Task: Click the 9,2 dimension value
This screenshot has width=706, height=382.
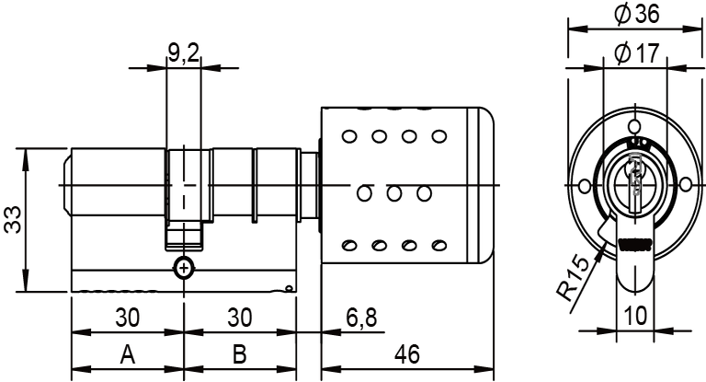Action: [x=184, y=54]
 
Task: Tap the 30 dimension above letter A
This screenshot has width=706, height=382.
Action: [x=127, y=318]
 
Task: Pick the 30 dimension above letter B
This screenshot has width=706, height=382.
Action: [x=239, y=318]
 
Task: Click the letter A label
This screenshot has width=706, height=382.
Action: [x=127, y=355]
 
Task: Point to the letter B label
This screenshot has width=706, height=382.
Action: [x=239, y=355]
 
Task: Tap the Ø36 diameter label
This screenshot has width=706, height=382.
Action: [x=635, y=15]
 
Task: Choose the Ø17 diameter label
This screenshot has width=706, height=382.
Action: [x=635, y=54]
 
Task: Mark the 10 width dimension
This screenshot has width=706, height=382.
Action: [x=633, y=315]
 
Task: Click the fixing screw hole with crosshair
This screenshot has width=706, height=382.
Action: [x=184, y=268]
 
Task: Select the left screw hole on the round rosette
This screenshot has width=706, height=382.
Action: [x=583, y=187]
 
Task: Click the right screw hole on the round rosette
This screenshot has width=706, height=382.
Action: [x=685, y=187]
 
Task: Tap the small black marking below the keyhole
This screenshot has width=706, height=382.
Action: [x=633, y=245]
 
